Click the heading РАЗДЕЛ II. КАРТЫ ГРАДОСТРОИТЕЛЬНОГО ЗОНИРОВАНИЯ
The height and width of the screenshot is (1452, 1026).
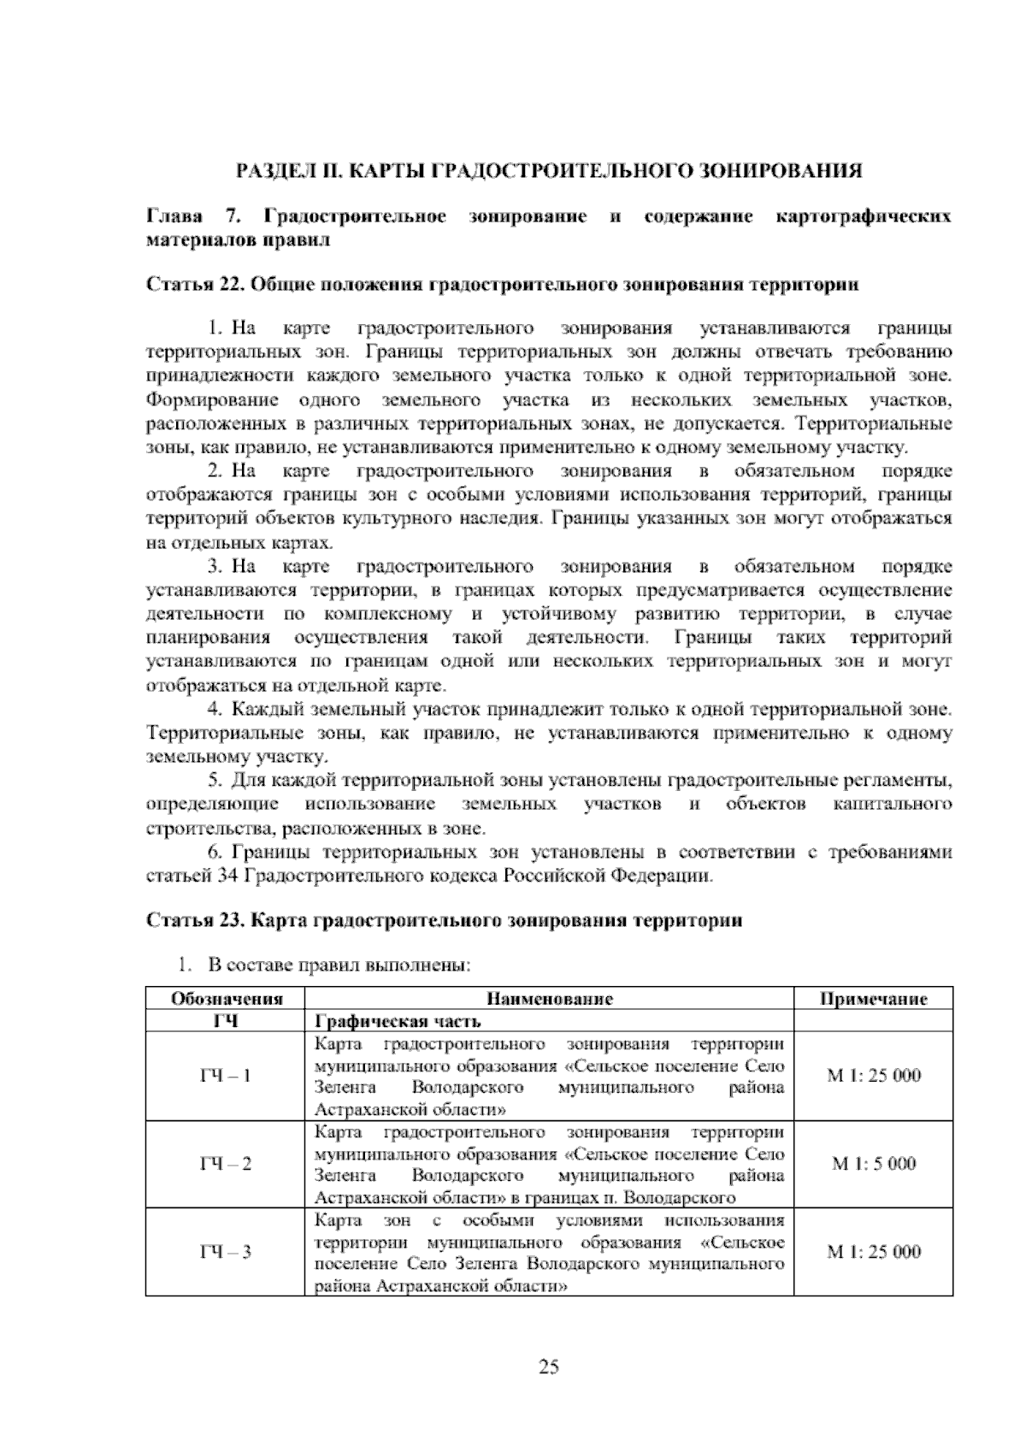coord(549,169)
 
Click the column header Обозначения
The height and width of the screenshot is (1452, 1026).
coord(227,999)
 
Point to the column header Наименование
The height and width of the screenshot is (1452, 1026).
coord(550,999)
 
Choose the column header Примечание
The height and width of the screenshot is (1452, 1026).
coord(874,999)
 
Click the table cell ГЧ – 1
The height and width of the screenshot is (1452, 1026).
coord(226,1076)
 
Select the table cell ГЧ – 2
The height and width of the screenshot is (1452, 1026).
coord(226,1164)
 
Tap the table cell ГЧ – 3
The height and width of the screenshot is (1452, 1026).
coord(226,1252)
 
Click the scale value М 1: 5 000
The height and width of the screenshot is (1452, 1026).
coord(874,1164)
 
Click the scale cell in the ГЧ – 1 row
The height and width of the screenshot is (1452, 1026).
coord(874,1076)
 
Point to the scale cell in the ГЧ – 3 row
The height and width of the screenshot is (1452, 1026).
coord(874,1252)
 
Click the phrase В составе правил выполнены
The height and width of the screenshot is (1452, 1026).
coord(339,965)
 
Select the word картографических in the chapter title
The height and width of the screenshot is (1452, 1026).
coord(864,216)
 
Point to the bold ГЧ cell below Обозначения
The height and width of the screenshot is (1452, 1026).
coord(226,1021)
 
